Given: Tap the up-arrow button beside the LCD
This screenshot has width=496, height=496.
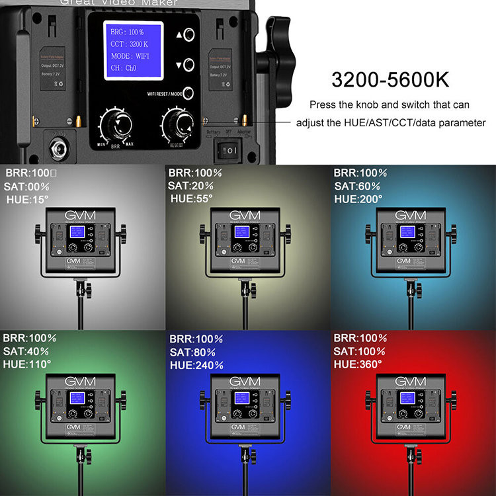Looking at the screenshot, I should coord(188,34).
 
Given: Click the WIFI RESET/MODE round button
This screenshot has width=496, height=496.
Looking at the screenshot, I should coord(188,94).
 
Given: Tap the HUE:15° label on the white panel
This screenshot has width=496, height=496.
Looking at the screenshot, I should coord(28,198).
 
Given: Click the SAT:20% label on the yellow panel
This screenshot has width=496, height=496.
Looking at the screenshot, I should coord(190,186).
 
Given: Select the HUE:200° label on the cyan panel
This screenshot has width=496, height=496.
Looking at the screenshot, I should coord(360,198).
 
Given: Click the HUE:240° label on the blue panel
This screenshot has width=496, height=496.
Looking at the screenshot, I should coord(196,364).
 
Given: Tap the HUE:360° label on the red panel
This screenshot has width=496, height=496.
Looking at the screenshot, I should coord(358,364).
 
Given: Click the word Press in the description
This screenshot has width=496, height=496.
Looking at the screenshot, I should coord(324,105).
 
